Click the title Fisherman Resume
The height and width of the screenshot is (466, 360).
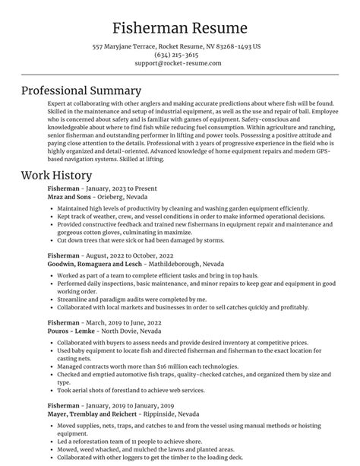click(179, 28)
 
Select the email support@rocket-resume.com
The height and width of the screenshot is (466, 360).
click(179, 64)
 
